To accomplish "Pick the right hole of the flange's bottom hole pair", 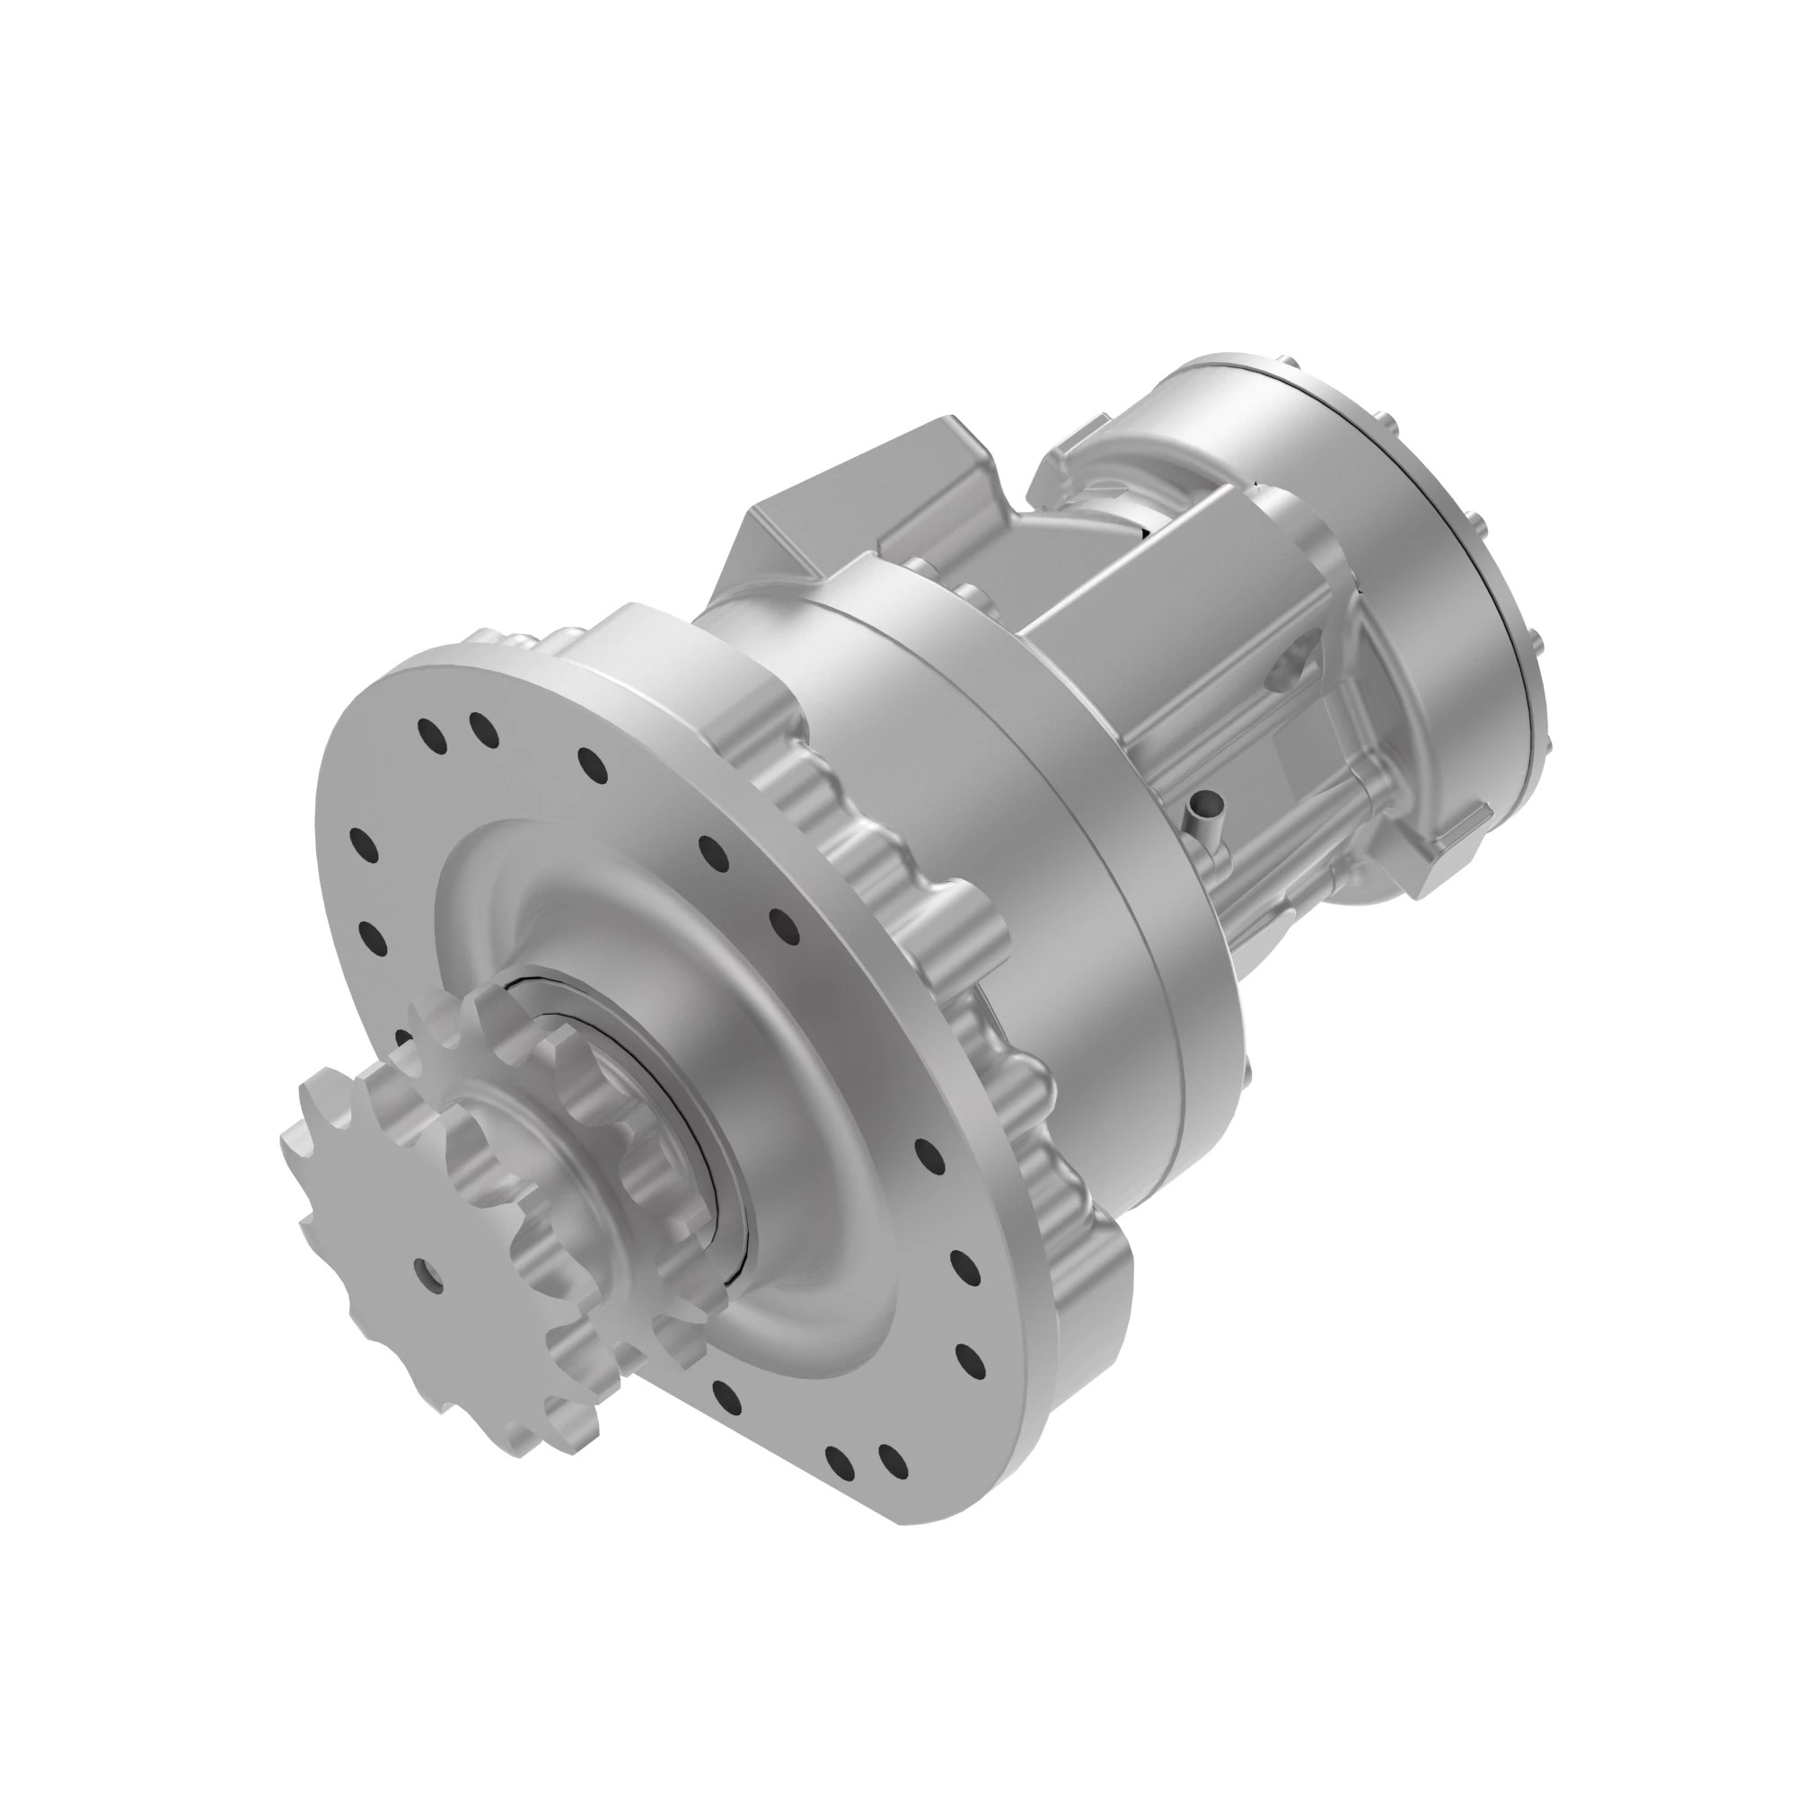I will click(x=894, y=1460).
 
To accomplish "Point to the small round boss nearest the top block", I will click(x=916, y=567).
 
